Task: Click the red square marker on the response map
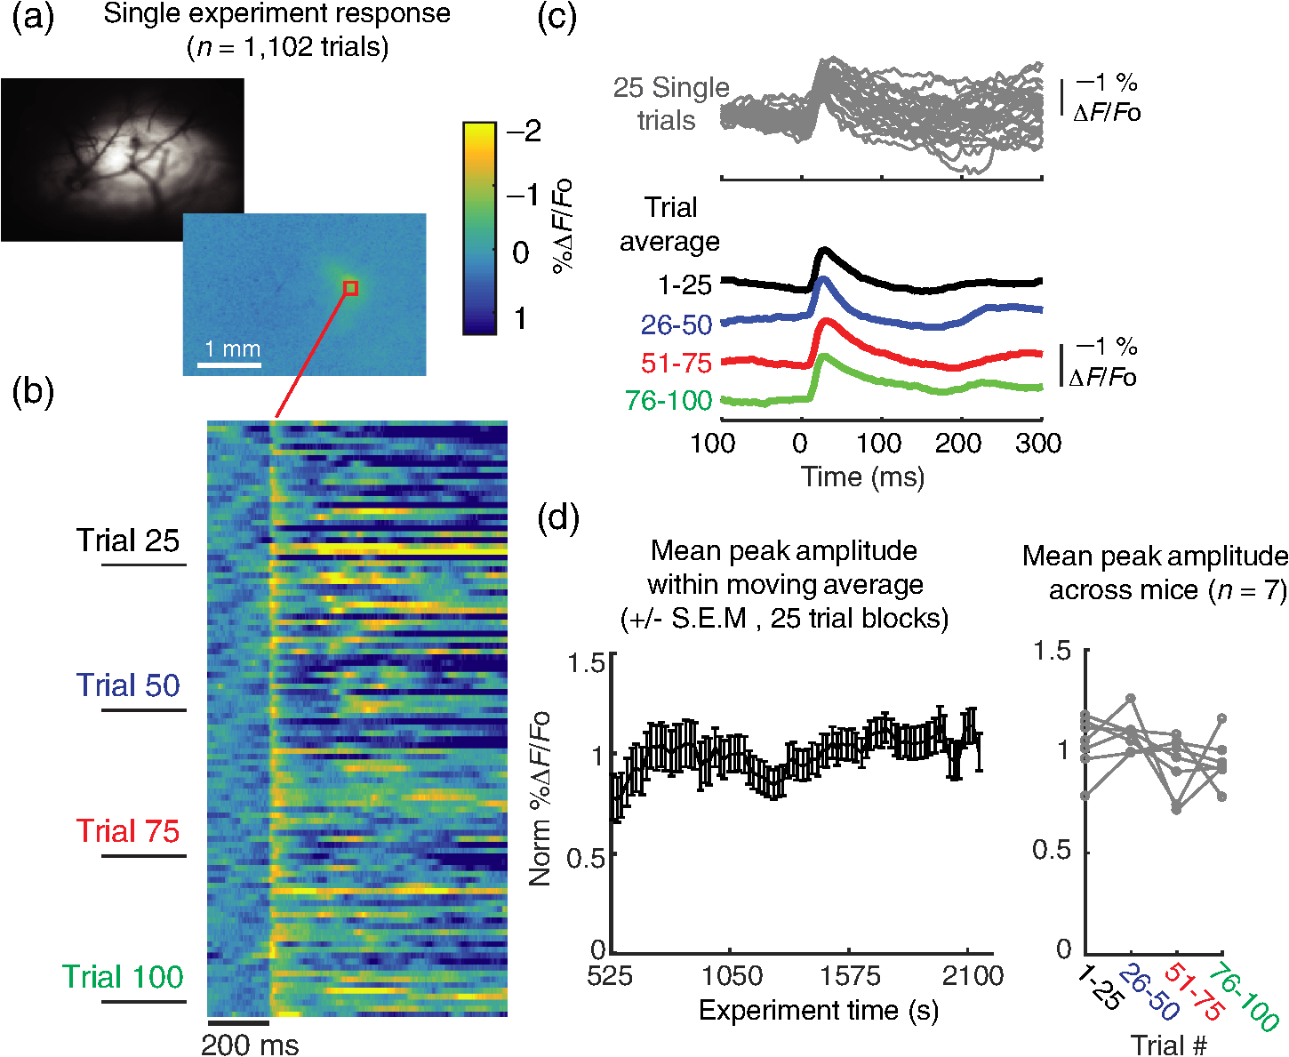point(350,288)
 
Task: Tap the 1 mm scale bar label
point(232,348)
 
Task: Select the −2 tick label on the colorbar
point(524,131)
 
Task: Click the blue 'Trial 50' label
point(128,685)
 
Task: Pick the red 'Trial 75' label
point(128,831)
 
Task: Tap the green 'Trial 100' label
point(123,976)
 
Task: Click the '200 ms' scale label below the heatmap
point(250,1045)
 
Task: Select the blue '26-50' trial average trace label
point(677,324)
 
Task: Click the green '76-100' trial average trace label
point(669,400)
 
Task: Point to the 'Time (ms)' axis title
point(863,476)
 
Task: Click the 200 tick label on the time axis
point(958,443)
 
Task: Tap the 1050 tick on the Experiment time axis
point(732,976)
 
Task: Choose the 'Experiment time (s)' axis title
point(819,1011)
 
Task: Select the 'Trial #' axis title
point(1169,1045)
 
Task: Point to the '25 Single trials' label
point(670,104)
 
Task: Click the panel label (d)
point(557,520)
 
